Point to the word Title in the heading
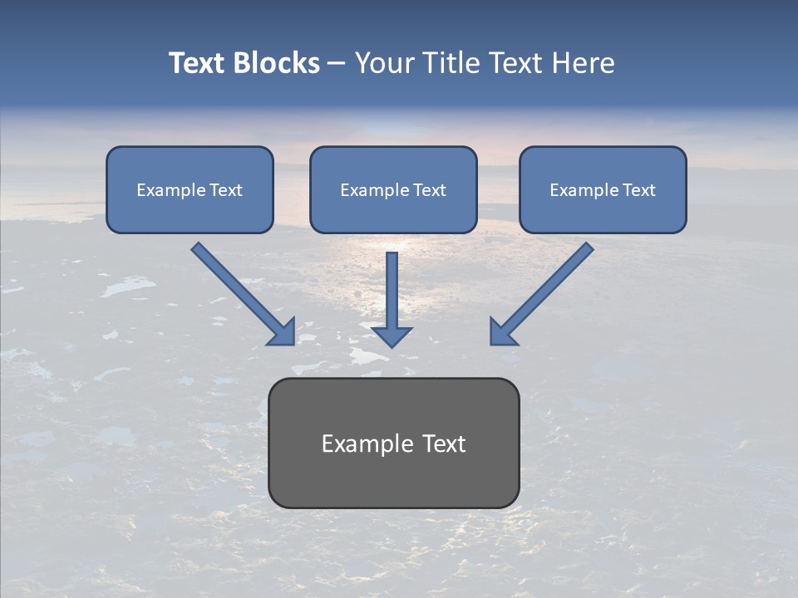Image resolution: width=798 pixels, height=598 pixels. (452, 63)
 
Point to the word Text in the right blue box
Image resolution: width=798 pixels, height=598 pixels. (639, 190)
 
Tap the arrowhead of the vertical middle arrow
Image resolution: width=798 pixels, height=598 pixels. (392, 336)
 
